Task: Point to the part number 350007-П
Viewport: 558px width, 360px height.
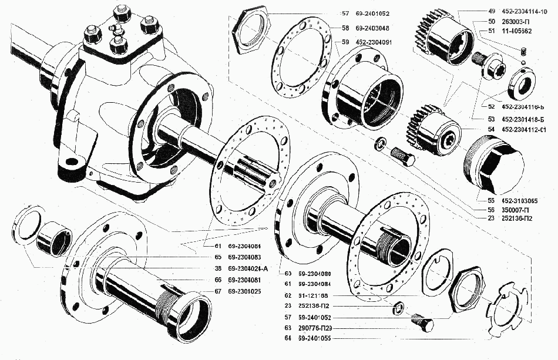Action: [517, 210]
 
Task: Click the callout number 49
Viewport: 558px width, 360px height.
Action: [491, 11]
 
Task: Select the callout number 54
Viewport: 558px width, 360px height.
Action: [491, 129]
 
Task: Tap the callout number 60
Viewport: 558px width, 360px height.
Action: [288, 274]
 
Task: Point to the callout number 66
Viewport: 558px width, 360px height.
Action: [217, 280]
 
